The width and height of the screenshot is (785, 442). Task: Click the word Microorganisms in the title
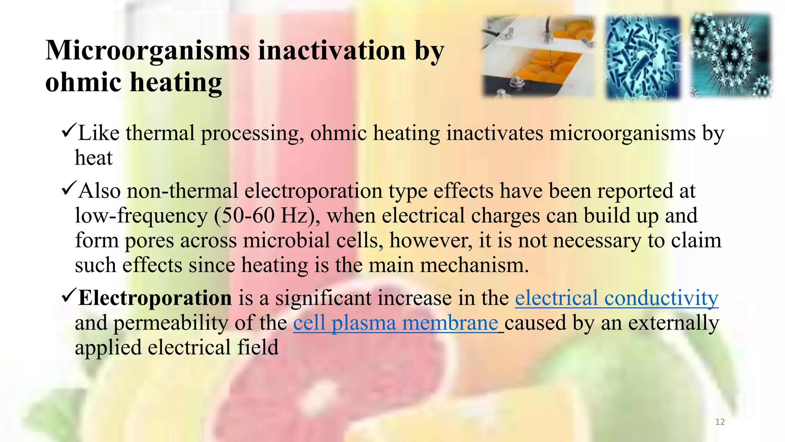[x=148, y=51]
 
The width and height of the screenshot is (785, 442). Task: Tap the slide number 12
[x=720, y=422]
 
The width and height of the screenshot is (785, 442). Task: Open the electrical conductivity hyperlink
[x=616, y=298]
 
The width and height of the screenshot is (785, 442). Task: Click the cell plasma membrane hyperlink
[x=396, y=323]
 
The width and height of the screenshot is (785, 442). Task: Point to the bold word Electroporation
[x=155, y=298]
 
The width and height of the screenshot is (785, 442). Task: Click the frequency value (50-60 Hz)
[x=267, y=216]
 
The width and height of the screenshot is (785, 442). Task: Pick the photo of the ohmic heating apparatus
[x=538, y=56]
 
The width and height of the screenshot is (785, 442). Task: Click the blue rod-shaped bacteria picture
[x=642, y=58]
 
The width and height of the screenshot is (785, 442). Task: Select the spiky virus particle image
[x=731, y=56]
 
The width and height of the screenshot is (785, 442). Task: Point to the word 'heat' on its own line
[x=94, y=158]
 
